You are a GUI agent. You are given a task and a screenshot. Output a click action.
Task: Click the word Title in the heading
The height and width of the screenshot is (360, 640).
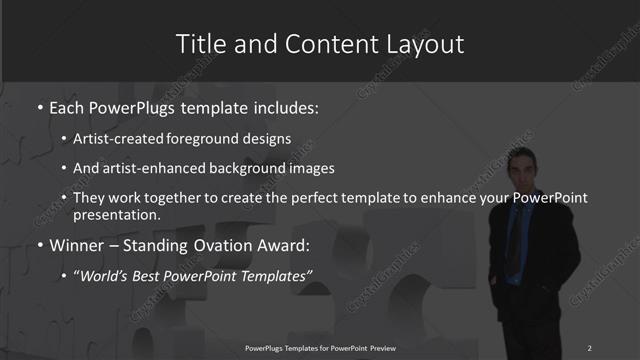[x=200, y=44]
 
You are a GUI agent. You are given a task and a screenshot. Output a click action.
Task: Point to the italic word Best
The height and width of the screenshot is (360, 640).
[x=144, y=274]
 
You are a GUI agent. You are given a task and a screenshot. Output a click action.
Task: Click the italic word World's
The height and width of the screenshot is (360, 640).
[x=101, y=274]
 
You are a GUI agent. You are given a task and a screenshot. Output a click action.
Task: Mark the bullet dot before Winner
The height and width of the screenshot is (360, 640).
[x=39, y=244]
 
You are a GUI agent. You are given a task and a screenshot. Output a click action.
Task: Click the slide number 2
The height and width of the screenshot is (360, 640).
[x=590, y=347]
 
